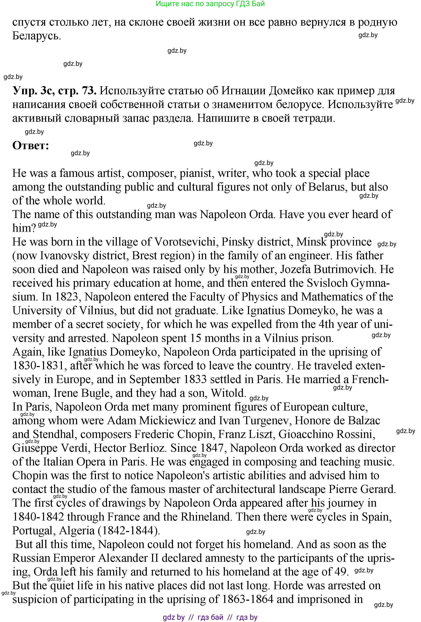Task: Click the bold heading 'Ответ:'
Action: [x=31, y=146]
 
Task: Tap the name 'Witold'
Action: [x=228, y=393]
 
